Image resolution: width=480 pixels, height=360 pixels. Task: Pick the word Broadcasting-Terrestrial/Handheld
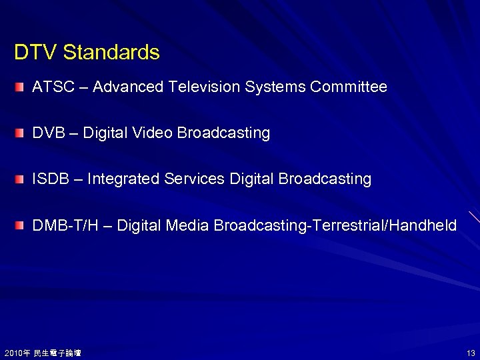tap(335, 226)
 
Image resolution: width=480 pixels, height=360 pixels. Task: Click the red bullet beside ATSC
tap(21, 87)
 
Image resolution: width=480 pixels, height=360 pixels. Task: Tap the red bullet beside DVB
tap(21, 133)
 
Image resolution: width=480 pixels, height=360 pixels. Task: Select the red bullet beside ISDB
tap(21, 179)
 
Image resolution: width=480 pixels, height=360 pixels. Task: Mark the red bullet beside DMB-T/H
tap(21, 226)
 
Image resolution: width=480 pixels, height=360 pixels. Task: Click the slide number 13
tap(471, 353)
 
